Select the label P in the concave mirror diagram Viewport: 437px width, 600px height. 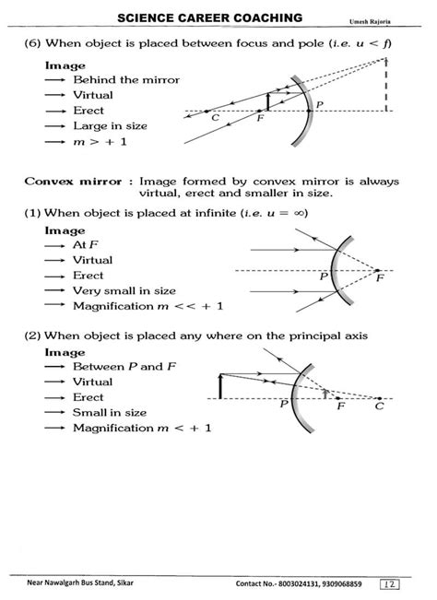coord(320,104)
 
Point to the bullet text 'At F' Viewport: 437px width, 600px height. coord(85,244)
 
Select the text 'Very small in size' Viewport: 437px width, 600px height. coord(123,290)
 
